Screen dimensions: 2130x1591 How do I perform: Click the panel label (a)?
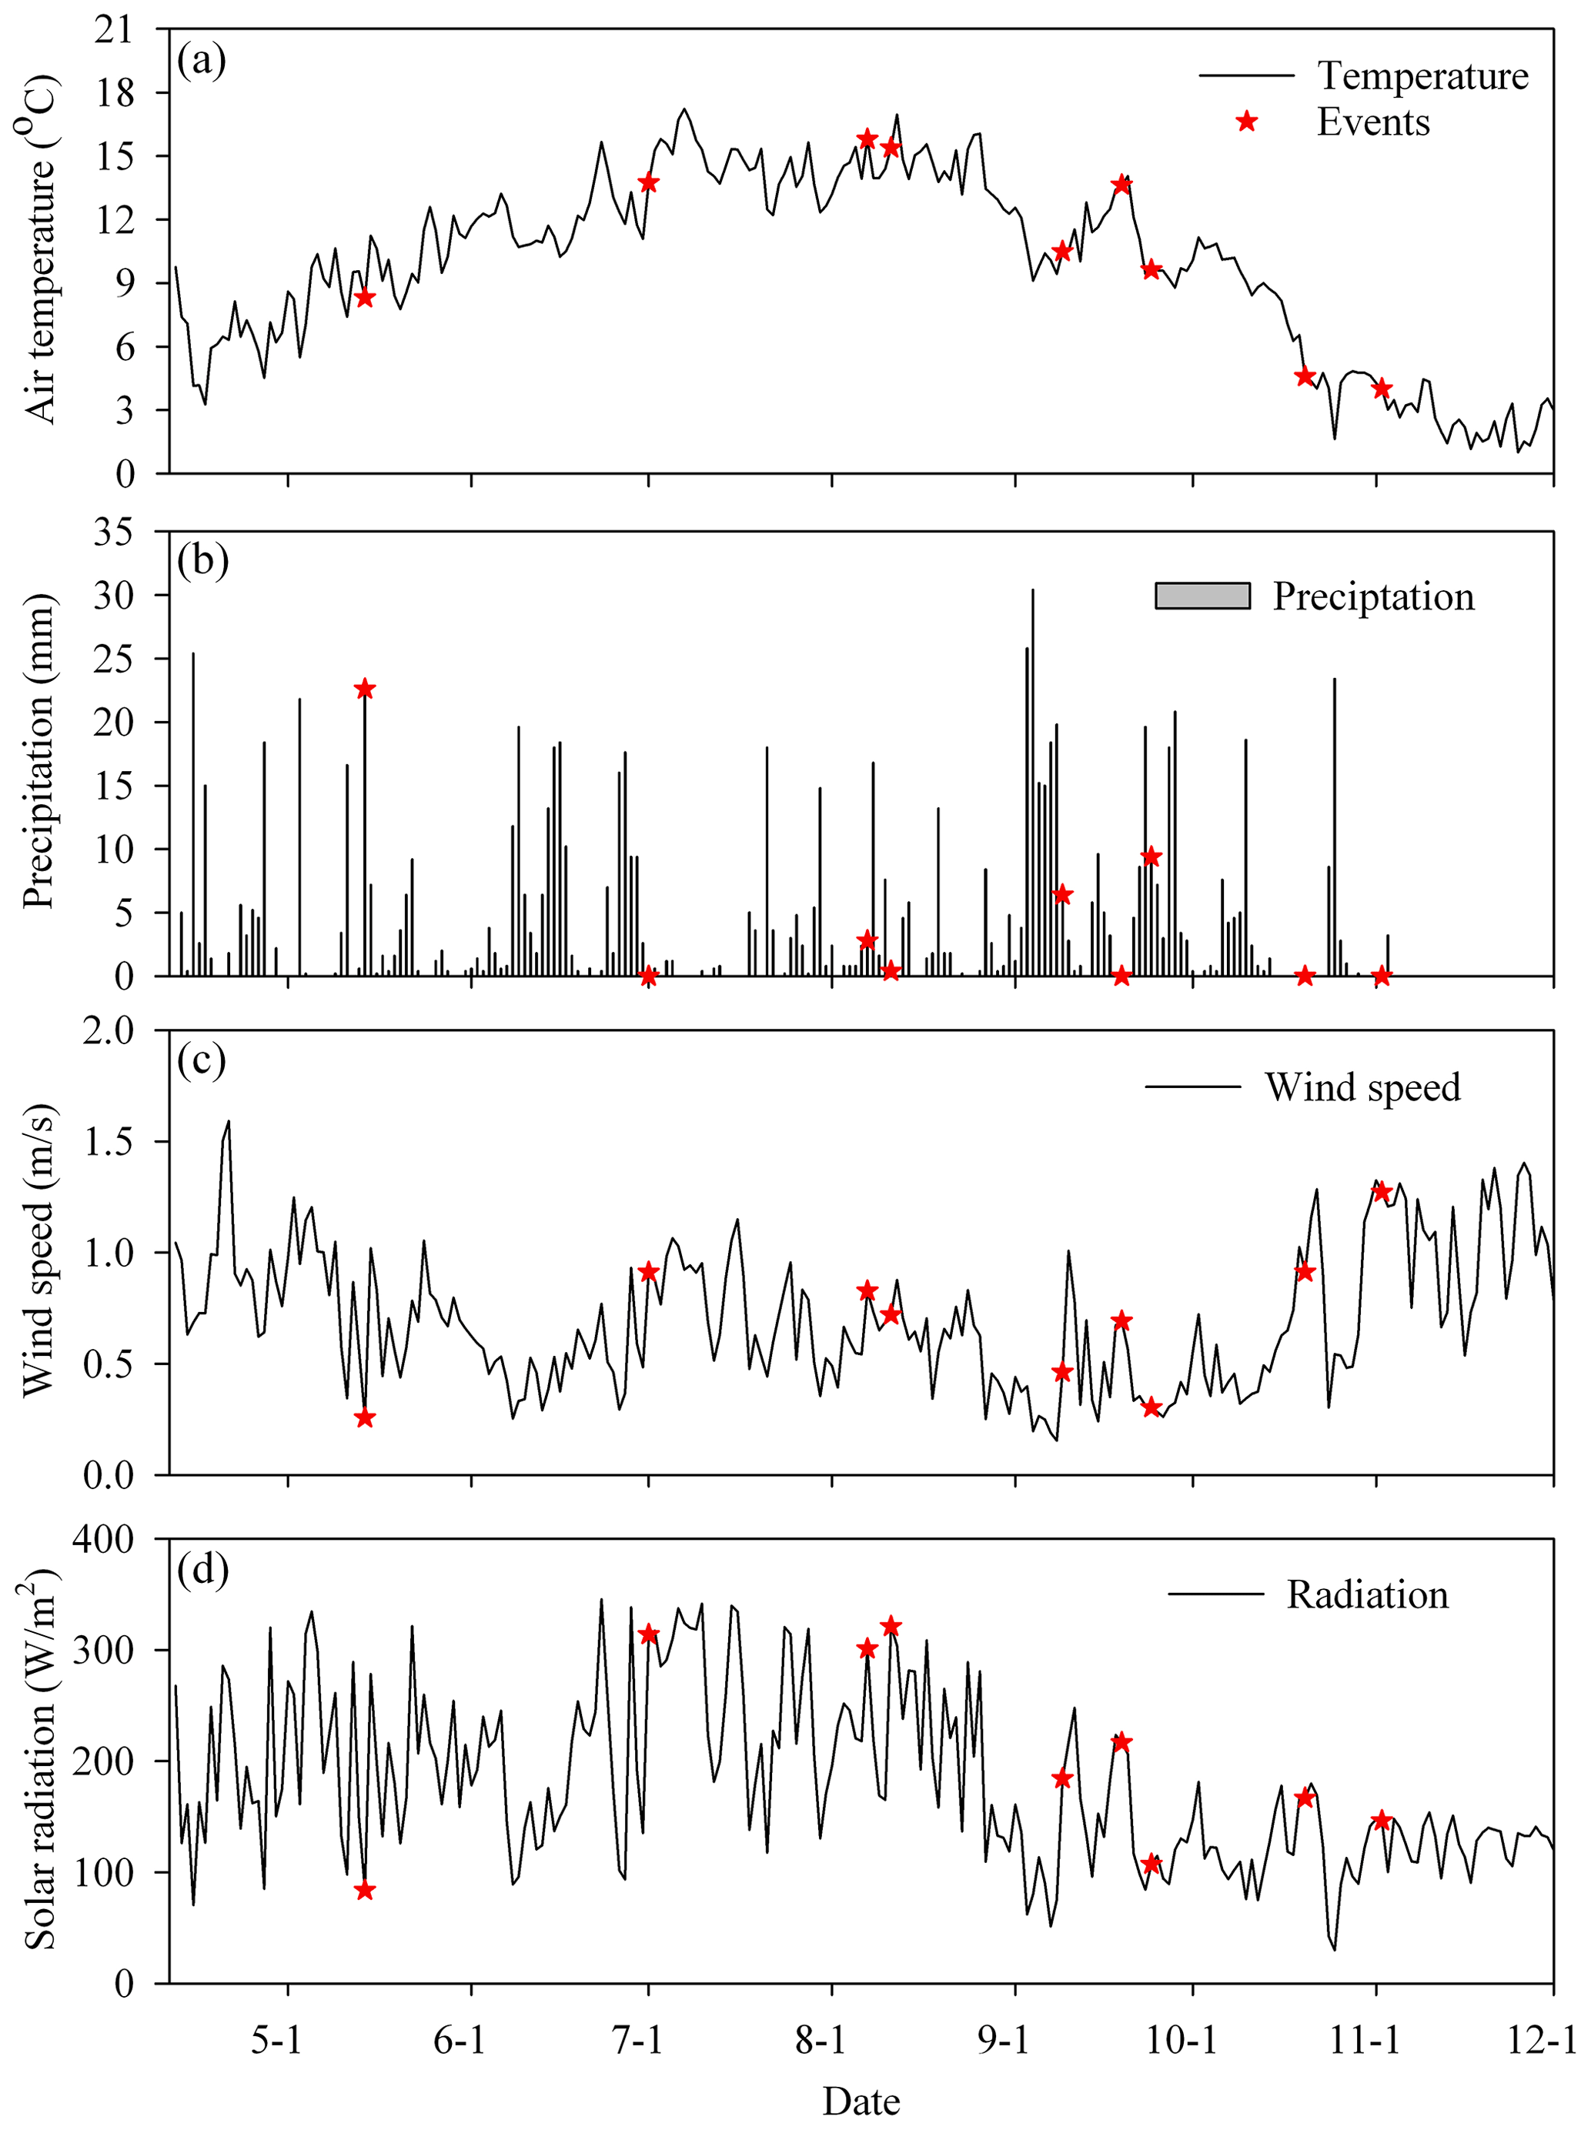coord(202,61)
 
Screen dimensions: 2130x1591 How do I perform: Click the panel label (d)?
coord(202,1568)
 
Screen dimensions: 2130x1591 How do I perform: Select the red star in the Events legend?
coord(1246,122)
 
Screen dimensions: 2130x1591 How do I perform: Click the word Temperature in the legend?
coord(1422,75)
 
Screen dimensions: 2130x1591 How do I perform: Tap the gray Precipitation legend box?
coord(1202,596)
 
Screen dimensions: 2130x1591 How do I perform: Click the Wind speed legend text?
coord(1362,1087)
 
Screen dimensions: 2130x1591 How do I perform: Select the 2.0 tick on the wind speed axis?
coord(108,1031)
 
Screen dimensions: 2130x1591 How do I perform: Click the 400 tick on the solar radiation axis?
coord(103,1539)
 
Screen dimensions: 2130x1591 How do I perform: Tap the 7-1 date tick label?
coord(637,2038)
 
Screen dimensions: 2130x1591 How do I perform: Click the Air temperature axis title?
coord(41,250)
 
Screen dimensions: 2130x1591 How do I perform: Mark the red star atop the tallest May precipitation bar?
coord(364,689)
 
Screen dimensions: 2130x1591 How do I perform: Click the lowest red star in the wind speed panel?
coord(364,1418)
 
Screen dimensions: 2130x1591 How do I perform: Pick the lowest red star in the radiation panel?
coord(364,1890)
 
